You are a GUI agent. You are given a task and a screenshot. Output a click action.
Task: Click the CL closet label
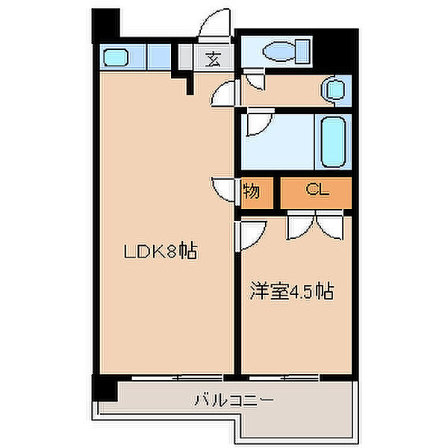(x=316, y=191)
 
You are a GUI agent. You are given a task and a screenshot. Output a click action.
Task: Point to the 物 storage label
(x=252, y=191)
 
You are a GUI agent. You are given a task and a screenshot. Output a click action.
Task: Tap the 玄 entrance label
(x=213, y=58)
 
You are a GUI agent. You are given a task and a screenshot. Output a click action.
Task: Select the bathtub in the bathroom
(x=332, y=142)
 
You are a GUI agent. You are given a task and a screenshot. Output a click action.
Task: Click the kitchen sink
(x=116, y=57)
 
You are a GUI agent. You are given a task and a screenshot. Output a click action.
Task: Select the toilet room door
(x=255, y=83)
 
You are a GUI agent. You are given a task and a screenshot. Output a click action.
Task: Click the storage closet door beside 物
(x=223, y=189)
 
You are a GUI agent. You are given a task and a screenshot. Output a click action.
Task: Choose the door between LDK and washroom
(x=223, y=94)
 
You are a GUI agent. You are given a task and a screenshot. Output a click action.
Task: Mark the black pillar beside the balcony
(x=105, y=386)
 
